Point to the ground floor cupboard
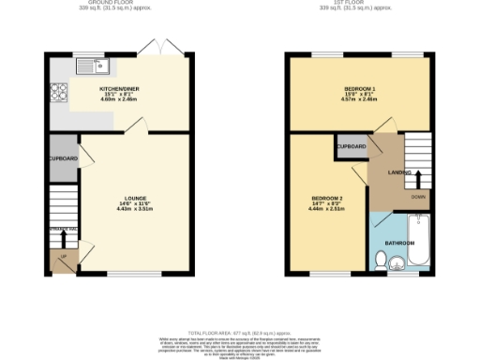[x=64, y=158]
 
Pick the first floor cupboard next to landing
[x=351, y=147]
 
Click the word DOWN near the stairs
[x=417, y=197]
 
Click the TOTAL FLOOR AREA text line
[x=239, y=333]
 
